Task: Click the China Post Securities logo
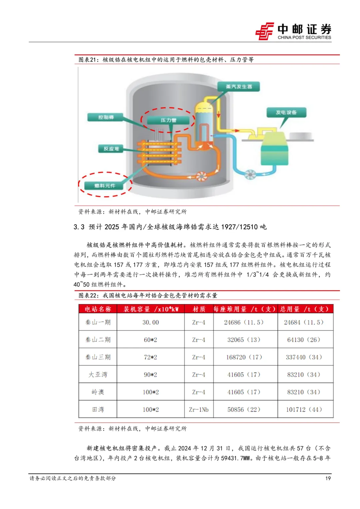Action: (293, 31)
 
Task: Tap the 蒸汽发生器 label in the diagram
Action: (239, 87)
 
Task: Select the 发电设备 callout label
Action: (286, 113)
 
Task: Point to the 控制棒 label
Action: (106, 117)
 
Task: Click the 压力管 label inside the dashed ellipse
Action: (168, 120)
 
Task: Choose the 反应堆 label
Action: (111, 149)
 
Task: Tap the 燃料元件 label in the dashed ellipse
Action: (105, 186)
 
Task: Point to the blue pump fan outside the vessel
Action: (250, 174)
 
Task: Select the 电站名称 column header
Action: (98, 309)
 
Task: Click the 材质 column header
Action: (199, 309)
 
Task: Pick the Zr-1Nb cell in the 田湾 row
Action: (199, 409)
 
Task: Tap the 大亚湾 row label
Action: (98, 375)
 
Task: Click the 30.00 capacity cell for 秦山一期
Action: (151, 322)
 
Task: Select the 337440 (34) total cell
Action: (304, 357)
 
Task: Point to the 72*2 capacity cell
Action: (151, 357)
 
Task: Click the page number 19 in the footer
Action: (328, 478)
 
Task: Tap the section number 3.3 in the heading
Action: (79, 227)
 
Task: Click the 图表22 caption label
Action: (88, 295)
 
